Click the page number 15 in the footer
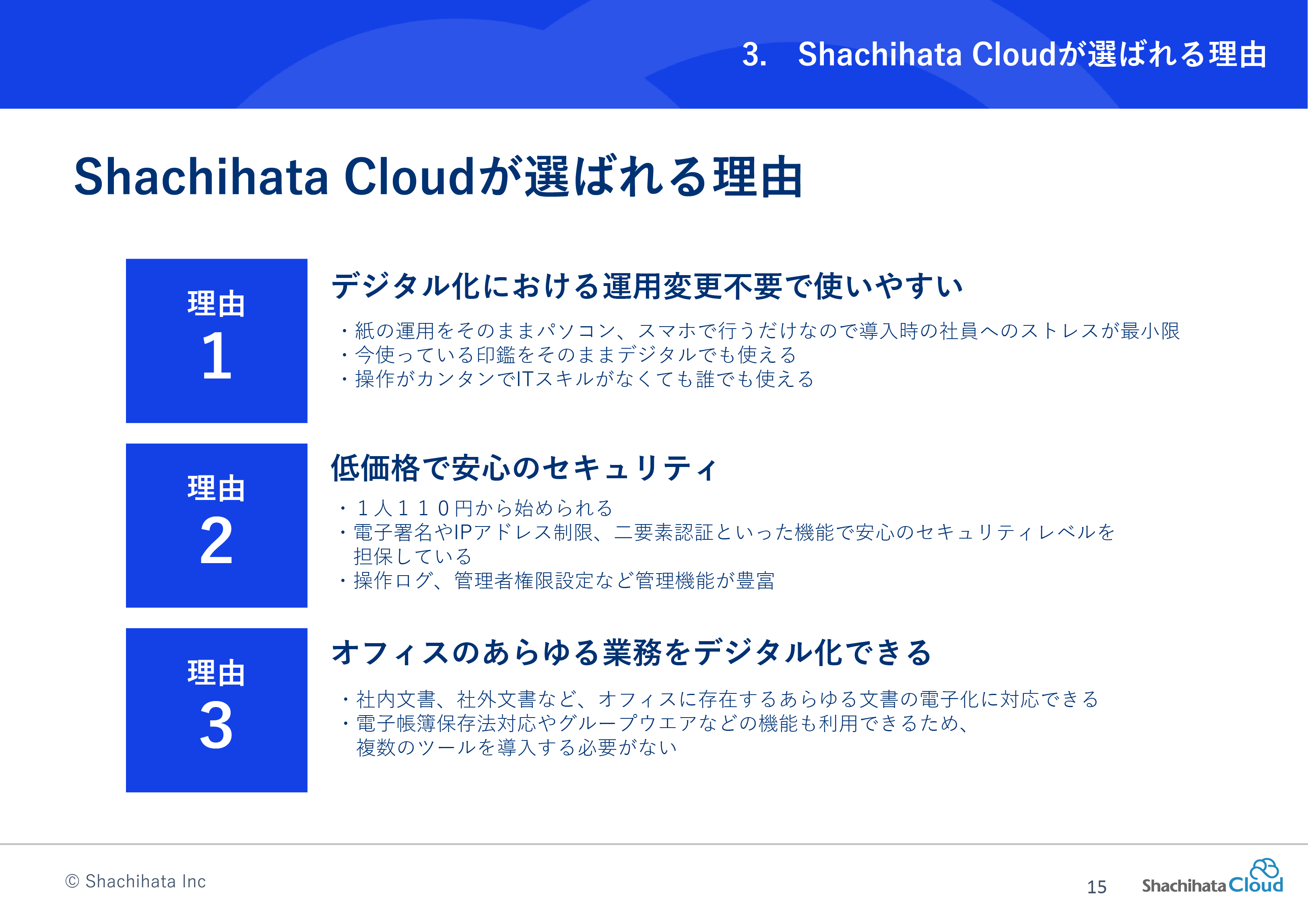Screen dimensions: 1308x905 click(x=1096, y=886)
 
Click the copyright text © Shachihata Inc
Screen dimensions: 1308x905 click(x=135, y=881)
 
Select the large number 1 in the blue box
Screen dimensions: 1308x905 click(x=217, y=356)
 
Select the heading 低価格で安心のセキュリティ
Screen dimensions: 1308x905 click(x=524, y=468)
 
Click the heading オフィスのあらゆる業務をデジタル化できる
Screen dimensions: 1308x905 click(x=631, y=652)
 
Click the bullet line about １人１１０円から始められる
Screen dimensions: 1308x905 click(x=477, y=508)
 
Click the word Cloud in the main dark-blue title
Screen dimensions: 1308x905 click(x=409, y=177)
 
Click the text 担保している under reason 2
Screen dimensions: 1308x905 click(x=413, y=556)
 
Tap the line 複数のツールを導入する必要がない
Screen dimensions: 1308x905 click(x=517, y=747)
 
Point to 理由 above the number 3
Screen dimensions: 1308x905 click(x=216, y=673)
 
